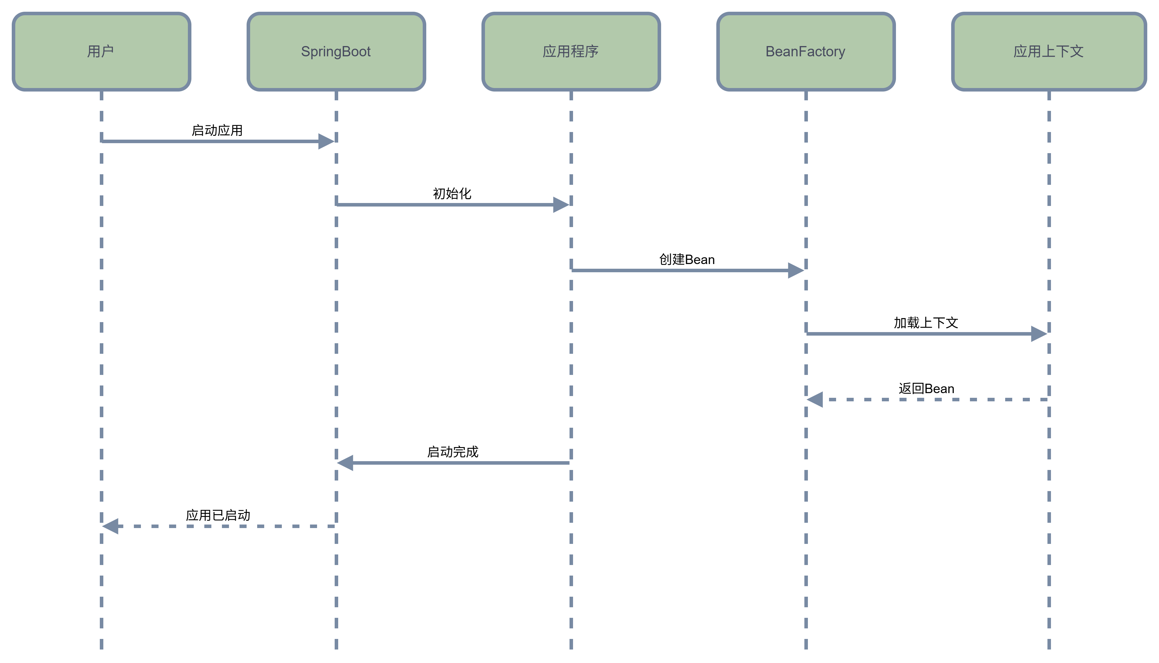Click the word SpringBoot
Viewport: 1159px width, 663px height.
(336, 51)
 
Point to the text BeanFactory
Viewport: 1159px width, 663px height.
(805, 51)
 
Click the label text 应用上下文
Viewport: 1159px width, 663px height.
(1048, 51)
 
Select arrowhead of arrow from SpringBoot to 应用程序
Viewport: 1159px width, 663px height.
(561, 204)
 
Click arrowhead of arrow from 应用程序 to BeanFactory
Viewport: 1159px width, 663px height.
(796, 270)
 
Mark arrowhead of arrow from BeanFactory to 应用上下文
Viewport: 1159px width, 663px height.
(1039, 334)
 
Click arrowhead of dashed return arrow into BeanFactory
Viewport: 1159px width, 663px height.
(815, 399)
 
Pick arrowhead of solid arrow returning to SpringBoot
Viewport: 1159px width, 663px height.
(345, 463)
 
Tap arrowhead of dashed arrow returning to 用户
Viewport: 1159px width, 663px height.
(111, 526)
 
